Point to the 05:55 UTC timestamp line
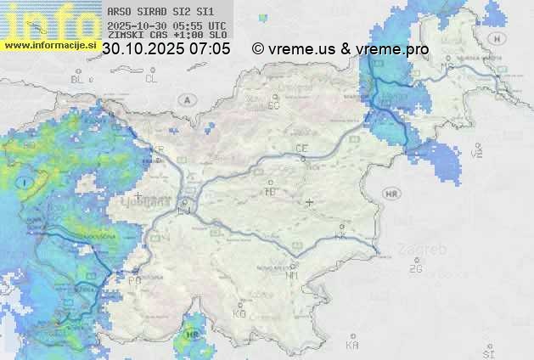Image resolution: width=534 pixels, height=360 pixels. click(x=167, y=25)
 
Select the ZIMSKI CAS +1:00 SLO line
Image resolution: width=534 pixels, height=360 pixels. click(x=167, y=35)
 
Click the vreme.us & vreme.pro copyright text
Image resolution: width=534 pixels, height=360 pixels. click(x=340, y=49)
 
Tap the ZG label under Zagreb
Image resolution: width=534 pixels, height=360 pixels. click(x=415, y=269)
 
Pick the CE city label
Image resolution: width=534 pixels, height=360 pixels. click(x=301, y=149)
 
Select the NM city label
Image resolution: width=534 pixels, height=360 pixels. click(x=293, y=275)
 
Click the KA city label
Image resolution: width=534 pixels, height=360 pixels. click(x=352, y=346)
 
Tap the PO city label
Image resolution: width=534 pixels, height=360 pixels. click(x=134, y=279)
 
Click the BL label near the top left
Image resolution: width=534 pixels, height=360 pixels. click(x=78, y=79)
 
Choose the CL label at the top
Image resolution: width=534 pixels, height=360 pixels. click(x=151, y=79)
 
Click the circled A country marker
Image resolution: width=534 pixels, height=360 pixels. click(x=185, y=100)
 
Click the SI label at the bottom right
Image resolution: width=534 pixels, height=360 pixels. click(x=487, y=352)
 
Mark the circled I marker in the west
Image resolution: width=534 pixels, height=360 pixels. click(x=26, y=183)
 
